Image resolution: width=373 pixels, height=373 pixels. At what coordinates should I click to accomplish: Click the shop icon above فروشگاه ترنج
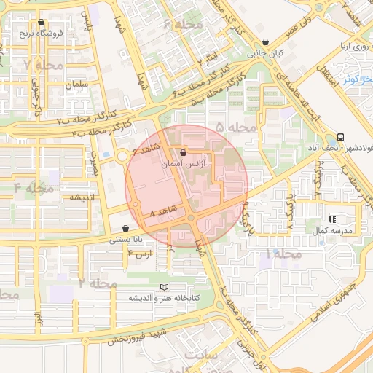[x=41, y=23]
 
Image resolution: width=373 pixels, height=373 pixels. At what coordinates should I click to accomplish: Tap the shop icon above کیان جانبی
[x=265, y=43]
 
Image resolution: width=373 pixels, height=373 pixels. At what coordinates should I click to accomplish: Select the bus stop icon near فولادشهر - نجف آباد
[x=341, y=137]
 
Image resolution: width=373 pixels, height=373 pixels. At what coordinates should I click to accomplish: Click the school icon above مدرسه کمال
[x=332, y=219]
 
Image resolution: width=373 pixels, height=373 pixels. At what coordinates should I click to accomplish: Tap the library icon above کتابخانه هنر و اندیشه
[x=165, y=288]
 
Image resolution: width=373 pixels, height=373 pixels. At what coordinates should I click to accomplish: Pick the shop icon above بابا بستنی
[x=126, y=228]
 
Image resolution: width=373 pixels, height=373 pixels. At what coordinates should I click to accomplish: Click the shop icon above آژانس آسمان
[x=182, y=153]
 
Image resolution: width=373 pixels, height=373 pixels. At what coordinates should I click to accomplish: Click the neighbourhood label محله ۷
[x=39, y=65]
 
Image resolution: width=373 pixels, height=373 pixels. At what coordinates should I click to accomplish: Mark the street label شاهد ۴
[x=162, y=211]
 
